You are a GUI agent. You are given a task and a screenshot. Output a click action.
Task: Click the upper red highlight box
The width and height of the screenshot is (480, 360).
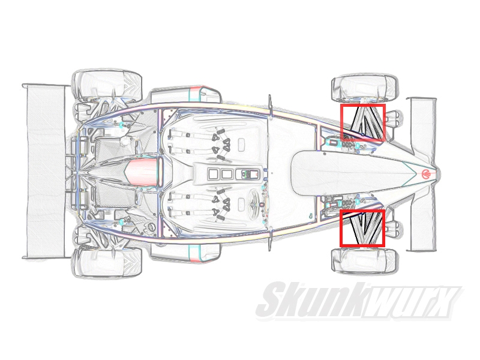pyautogui.click(x=363, y=123)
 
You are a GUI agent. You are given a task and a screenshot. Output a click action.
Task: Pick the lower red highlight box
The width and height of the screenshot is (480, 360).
pyautogui.click(x=362, y=228)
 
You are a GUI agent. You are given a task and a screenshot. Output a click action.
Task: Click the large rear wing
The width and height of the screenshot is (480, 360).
pyautogui.click(x=45, y=172)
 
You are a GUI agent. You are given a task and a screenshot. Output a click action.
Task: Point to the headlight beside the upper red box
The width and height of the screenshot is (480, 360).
pyautogui.click(x=394, y=116)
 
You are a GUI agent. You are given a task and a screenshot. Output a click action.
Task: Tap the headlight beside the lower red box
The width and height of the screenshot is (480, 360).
pyautogui.click(x=394, y=227)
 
